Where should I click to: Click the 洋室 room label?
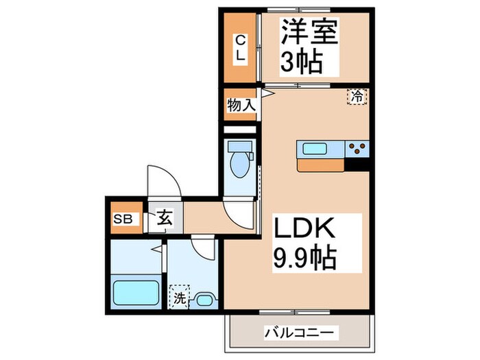[x=310, y=33]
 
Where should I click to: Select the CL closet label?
[x=241, y=48]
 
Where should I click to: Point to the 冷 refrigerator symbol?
[x=357, y=97]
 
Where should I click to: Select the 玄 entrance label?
[x=166, y=220]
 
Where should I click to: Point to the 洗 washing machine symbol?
[x=179, y=298]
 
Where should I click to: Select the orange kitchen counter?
[x=321, y=165]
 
